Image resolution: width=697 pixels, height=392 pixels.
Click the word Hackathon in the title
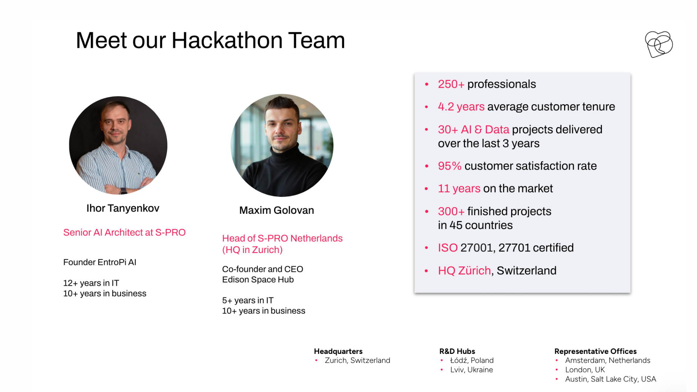(227, 40)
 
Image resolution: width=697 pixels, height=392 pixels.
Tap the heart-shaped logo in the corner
(659, 44)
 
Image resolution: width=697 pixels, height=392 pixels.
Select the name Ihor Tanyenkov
(123, 208)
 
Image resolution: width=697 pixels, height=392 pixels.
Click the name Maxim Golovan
(276, 211)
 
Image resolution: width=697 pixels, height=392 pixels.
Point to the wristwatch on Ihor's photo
(123, 191)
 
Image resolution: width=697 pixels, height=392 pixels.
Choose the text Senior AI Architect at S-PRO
(124, 233)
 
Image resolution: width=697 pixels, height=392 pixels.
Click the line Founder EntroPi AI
(99, 262)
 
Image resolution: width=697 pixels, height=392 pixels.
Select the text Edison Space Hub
(258, 280)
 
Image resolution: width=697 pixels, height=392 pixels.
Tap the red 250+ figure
(451, 84)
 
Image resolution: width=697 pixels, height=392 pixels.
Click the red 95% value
(449, 166)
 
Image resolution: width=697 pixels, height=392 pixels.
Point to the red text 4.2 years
(461, 107)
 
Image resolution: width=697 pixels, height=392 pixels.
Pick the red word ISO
(448, 248)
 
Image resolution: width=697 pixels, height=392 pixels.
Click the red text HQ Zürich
(464, 271)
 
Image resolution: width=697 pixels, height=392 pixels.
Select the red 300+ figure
(451, 211)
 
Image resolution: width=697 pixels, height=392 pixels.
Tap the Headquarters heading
(338, 351)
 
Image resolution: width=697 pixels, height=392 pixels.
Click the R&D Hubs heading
(457, 351)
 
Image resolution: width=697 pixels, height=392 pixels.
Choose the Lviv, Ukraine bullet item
(471, 370)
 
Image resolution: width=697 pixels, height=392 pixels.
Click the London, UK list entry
(585, 370)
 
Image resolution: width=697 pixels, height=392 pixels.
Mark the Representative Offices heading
(595, 351)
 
